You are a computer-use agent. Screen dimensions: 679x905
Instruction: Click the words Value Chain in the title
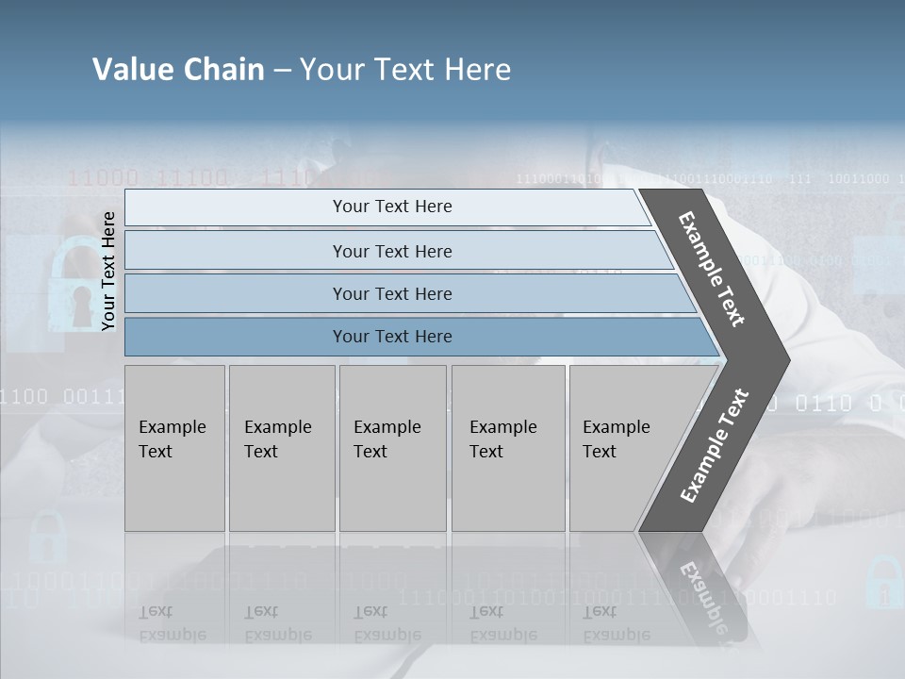(x=178, y=70)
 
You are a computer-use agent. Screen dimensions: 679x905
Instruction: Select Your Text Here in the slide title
(x=405, y=70)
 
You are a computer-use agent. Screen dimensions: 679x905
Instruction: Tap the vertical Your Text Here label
(x=108, y=272)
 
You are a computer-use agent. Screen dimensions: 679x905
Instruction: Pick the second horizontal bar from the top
(x=391, y=251)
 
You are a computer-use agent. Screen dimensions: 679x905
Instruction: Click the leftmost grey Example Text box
(x=174, y=448)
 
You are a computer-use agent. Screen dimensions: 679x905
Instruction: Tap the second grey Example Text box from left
(x=281, y=448)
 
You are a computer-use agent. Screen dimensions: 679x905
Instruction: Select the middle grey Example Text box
(x=392, y=448)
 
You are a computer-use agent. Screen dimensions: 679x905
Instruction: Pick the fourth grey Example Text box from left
(x=508, y=448)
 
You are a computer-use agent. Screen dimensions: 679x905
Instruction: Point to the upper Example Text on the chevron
(x=712, y=269)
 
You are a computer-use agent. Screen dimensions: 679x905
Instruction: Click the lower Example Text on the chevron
(x=715, y=445)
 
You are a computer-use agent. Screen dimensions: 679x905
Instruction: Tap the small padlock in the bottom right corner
(x=883, y=582)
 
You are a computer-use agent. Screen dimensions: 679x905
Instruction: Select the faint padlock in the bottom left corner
(x=47, y=538)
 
